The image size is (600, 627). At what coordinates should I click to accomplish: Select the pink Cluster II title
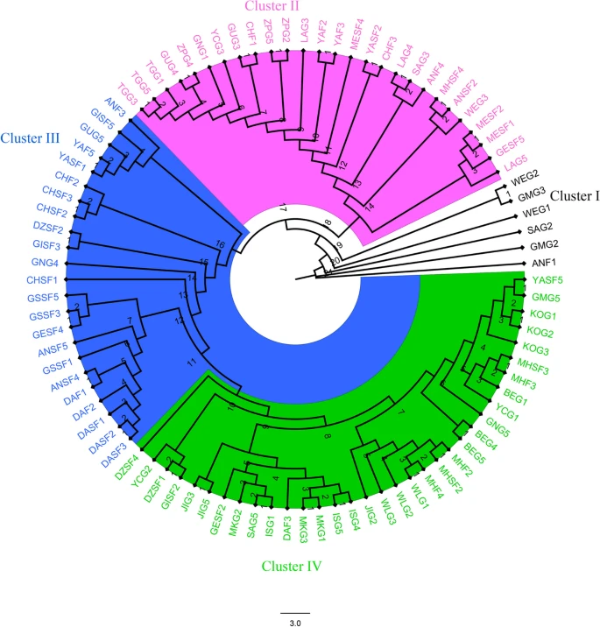click(x=272, y=7)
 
